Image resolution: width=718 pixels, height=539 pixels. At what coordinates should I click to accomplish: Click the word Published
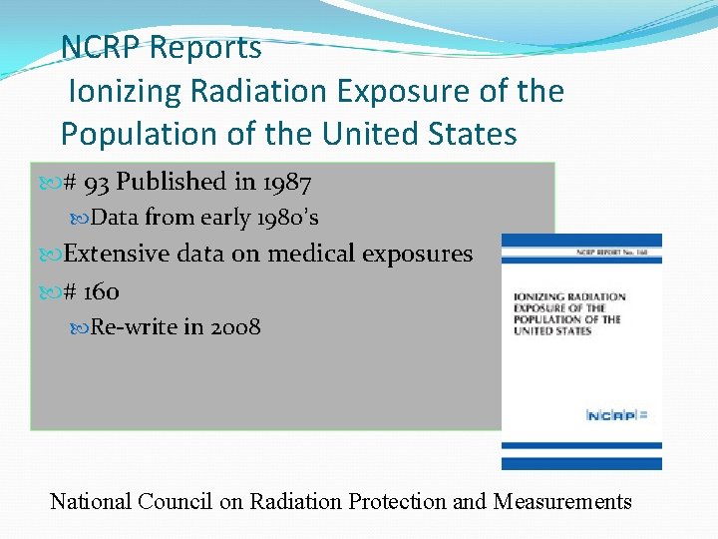tap(172, 183)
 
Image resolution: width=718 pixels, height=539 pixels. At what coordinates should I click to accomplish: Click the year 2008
tap(235, 326)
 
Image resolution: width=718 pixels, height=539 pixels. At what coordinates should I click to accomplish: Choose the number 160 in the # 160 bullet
tap(101, 291)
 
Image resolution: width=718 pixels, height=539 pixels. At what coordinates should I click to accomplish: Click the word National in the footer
tap(92, 501)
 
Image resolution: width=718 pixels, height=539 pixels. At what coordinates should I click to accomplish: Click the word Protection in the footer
tap(397, 501)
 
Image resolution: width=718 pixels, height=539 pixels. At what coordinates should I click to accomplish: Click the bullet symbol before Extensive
tap(54, 255)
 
